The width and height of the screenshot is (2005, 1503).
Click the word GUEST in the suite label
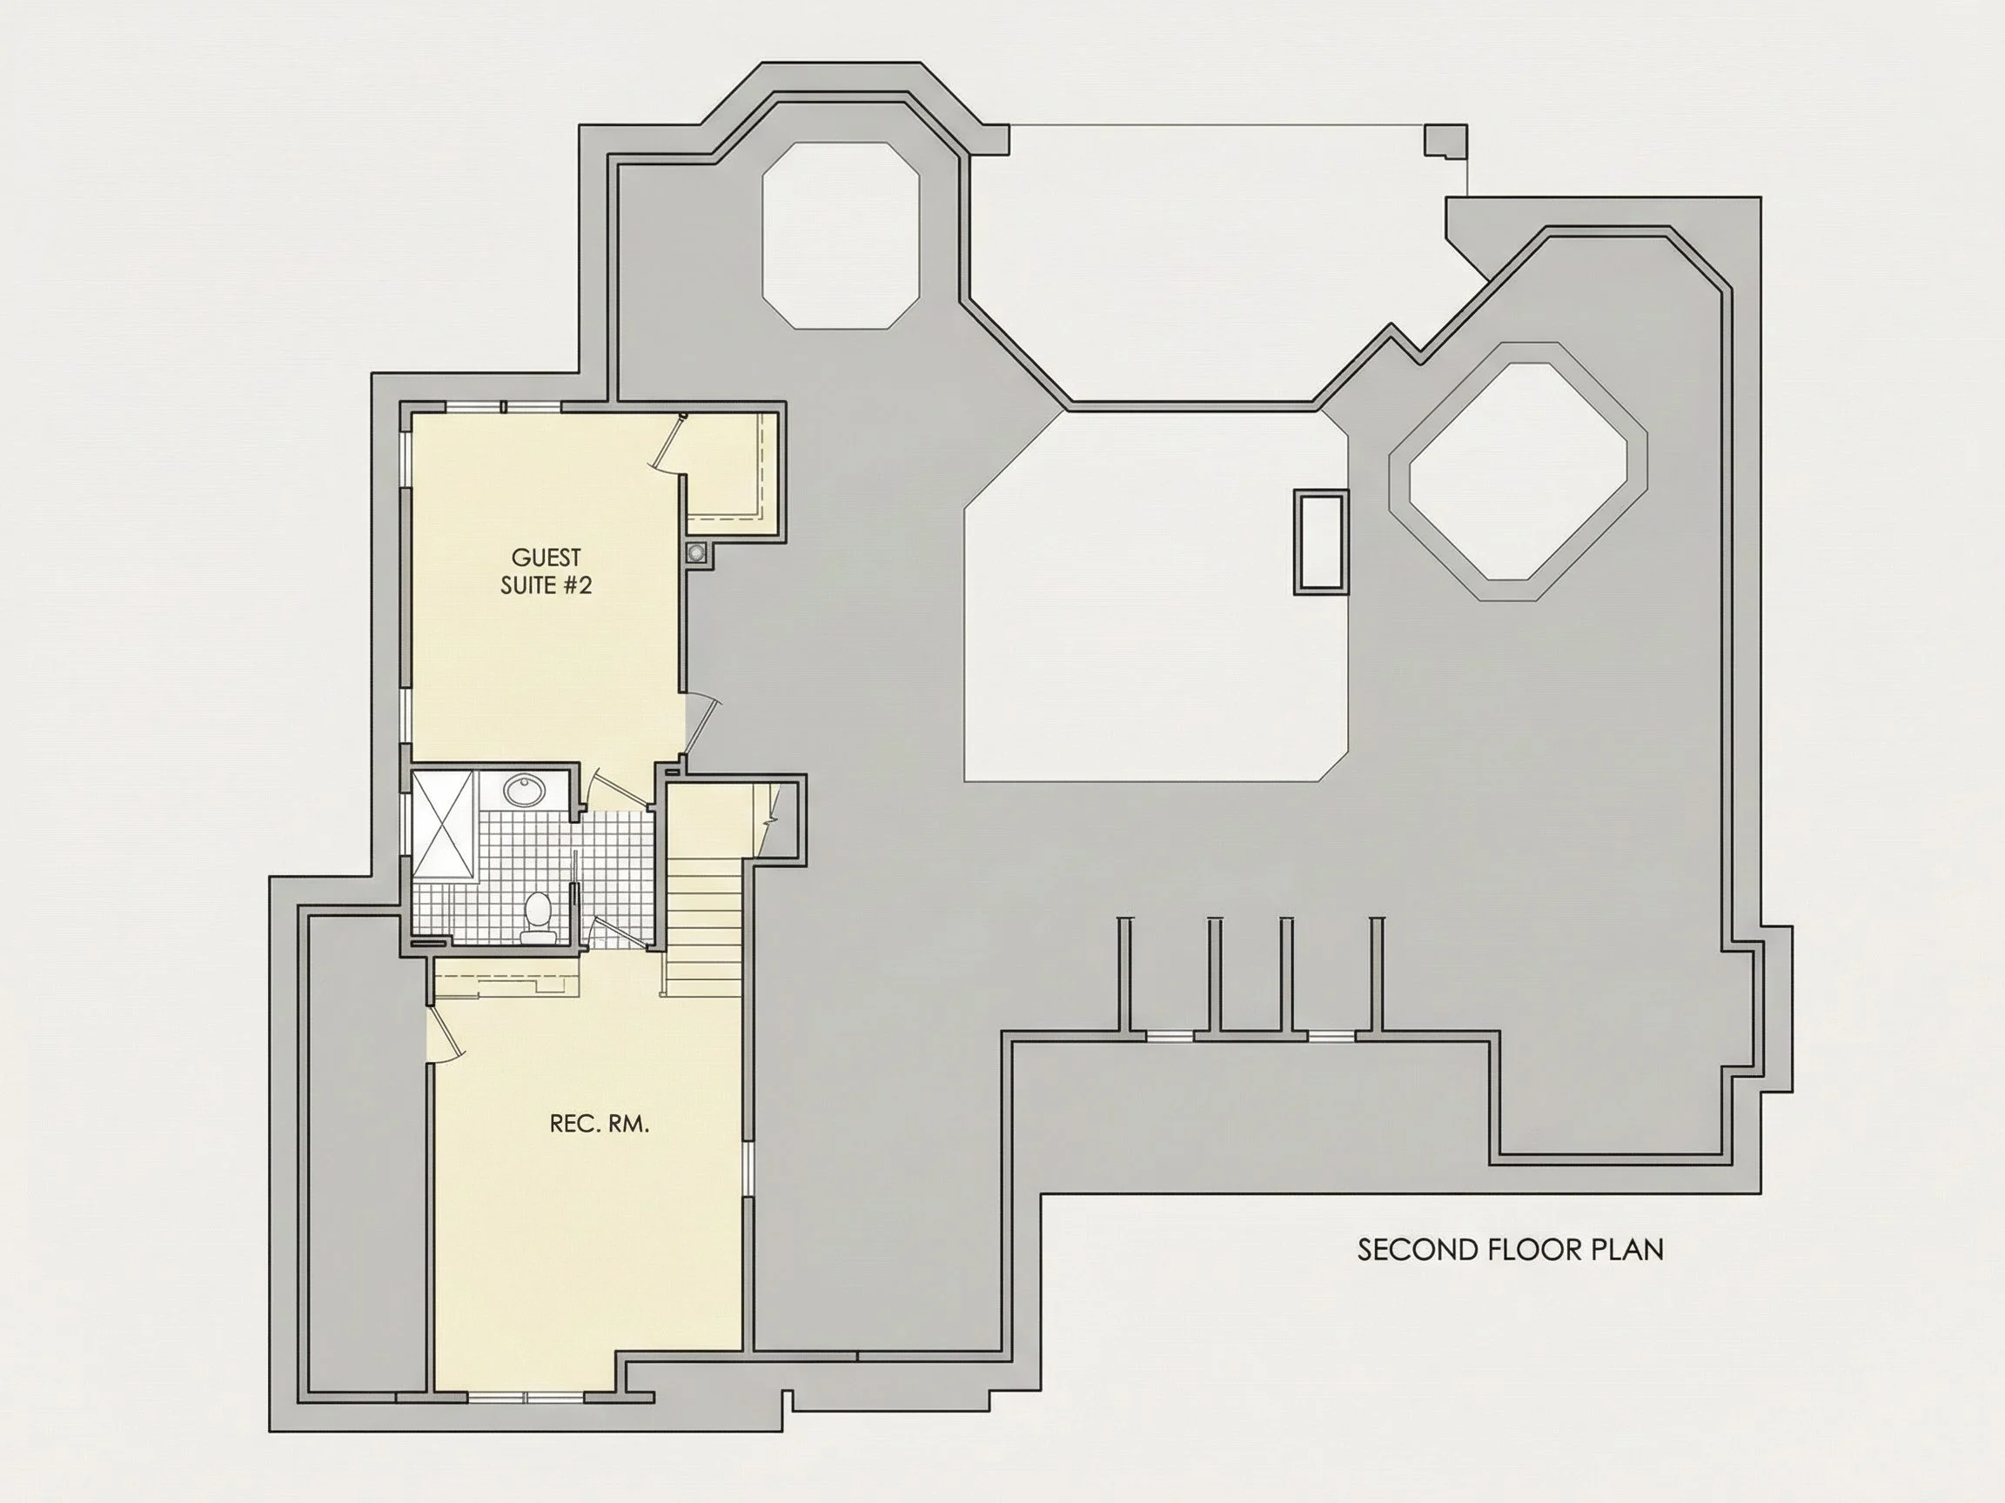(546, 558)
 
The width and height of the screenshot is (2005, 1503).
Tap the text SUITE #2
(546, 585)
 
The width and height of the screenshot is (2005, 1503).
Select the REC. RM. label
(599, 1125)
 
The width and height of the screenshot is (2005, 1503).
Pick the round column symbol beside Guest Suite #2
(696, 552)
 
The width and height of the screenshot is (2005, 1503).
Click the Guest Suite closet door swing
(669, 444)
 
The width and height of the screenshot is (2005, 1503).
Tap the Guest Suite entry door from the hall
(701, 725)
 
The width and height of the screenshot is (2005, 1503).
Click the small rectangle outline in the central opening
(1321, 542)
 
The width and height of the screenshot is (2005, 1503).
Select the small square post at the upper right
(1445, 140)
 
